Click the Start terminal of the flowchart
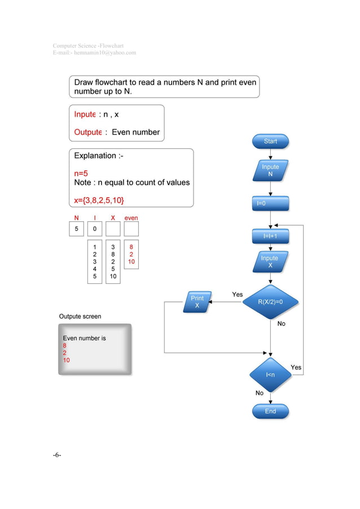[x=270, y=142]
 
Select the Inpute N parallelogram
[x=270, y=170]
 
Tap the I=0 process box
[x=270, y=203]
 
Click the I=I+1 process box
[x=270, y=236]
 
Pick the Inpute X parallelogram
[x=270, y=262]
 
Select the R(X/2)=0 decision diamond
[x=270, y=302]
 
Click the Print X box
[x=197, y=302]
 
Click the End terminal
[x=270, y=411]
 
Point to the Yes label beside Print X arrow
[x=238, y=295]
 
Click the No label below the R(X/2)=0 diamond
[x=281, y=324]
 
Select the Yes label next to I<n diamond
[x=296, y=367]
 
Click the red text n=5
[x=81, y=174]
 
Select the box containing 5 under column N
[x=76, y=229]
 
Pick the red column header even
[x=131, y=218]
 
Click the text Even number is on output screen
[x=84, y=339]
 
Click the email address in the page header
[x=94, y=52]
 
